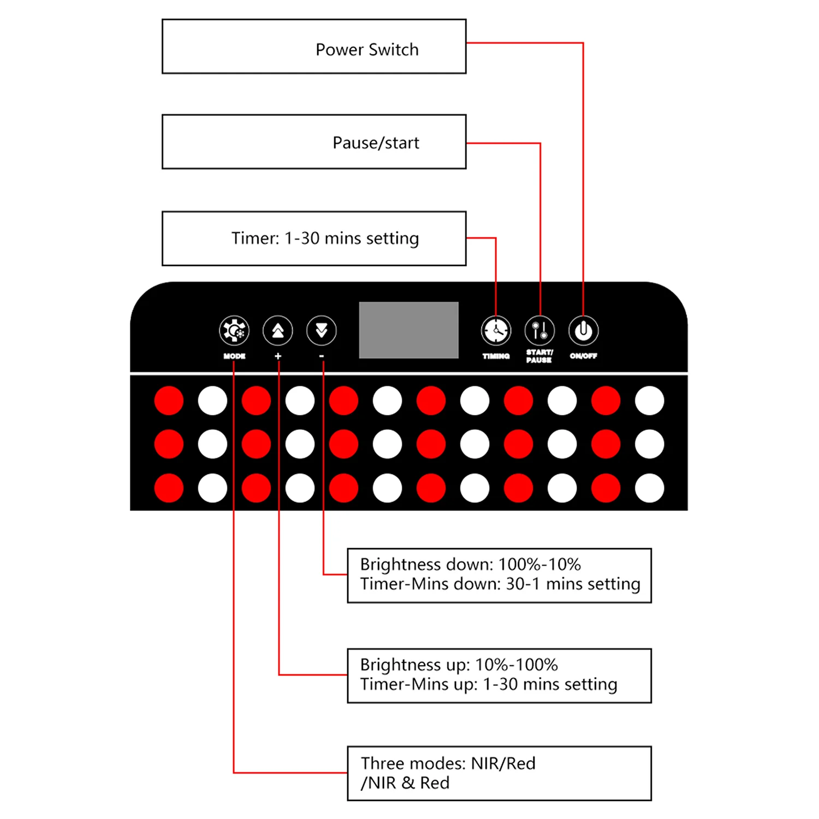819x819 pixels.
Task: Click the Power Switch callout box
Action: click(x=314, y=46)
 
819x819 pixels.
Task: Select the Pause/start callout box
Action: click(x=314, y=142)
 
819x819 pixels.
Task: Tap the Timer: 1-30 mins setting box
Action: click(x=314, y=239)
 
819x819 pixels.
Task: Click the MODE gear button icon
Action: click(x=234, y=330)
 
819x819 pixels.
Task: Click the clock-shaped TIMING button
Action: click(x=496, y=330)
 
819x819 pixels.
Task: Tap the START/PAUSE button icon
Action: click(x=539, y=330)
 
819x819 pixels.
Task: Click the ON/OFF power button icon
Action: click(x=583, y=330)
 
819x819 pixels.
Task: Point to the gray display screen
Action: click(x=408, y=330)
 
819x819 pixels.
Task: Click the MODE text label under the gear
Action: click(x=234, y=356)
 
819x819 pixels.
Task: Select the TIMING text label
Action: click(x=496, y=356)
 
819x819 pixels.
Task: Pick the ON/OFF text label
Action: click(x=583, y=356)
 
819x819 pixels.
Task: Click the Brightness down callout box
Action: click(x=499, y=575)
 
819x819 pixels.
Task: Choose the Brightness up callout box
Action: click(x=499, y=675)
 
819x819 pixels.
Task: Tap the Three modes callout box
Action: click(x=499, y=773)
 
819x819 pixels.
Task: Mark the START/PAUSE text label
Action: click(x=539, y=356)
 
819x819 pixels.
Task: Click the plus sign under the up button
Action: click(x=278, y=356)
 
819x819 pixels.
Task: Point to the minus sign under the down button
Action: click(x=322, y=356)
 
